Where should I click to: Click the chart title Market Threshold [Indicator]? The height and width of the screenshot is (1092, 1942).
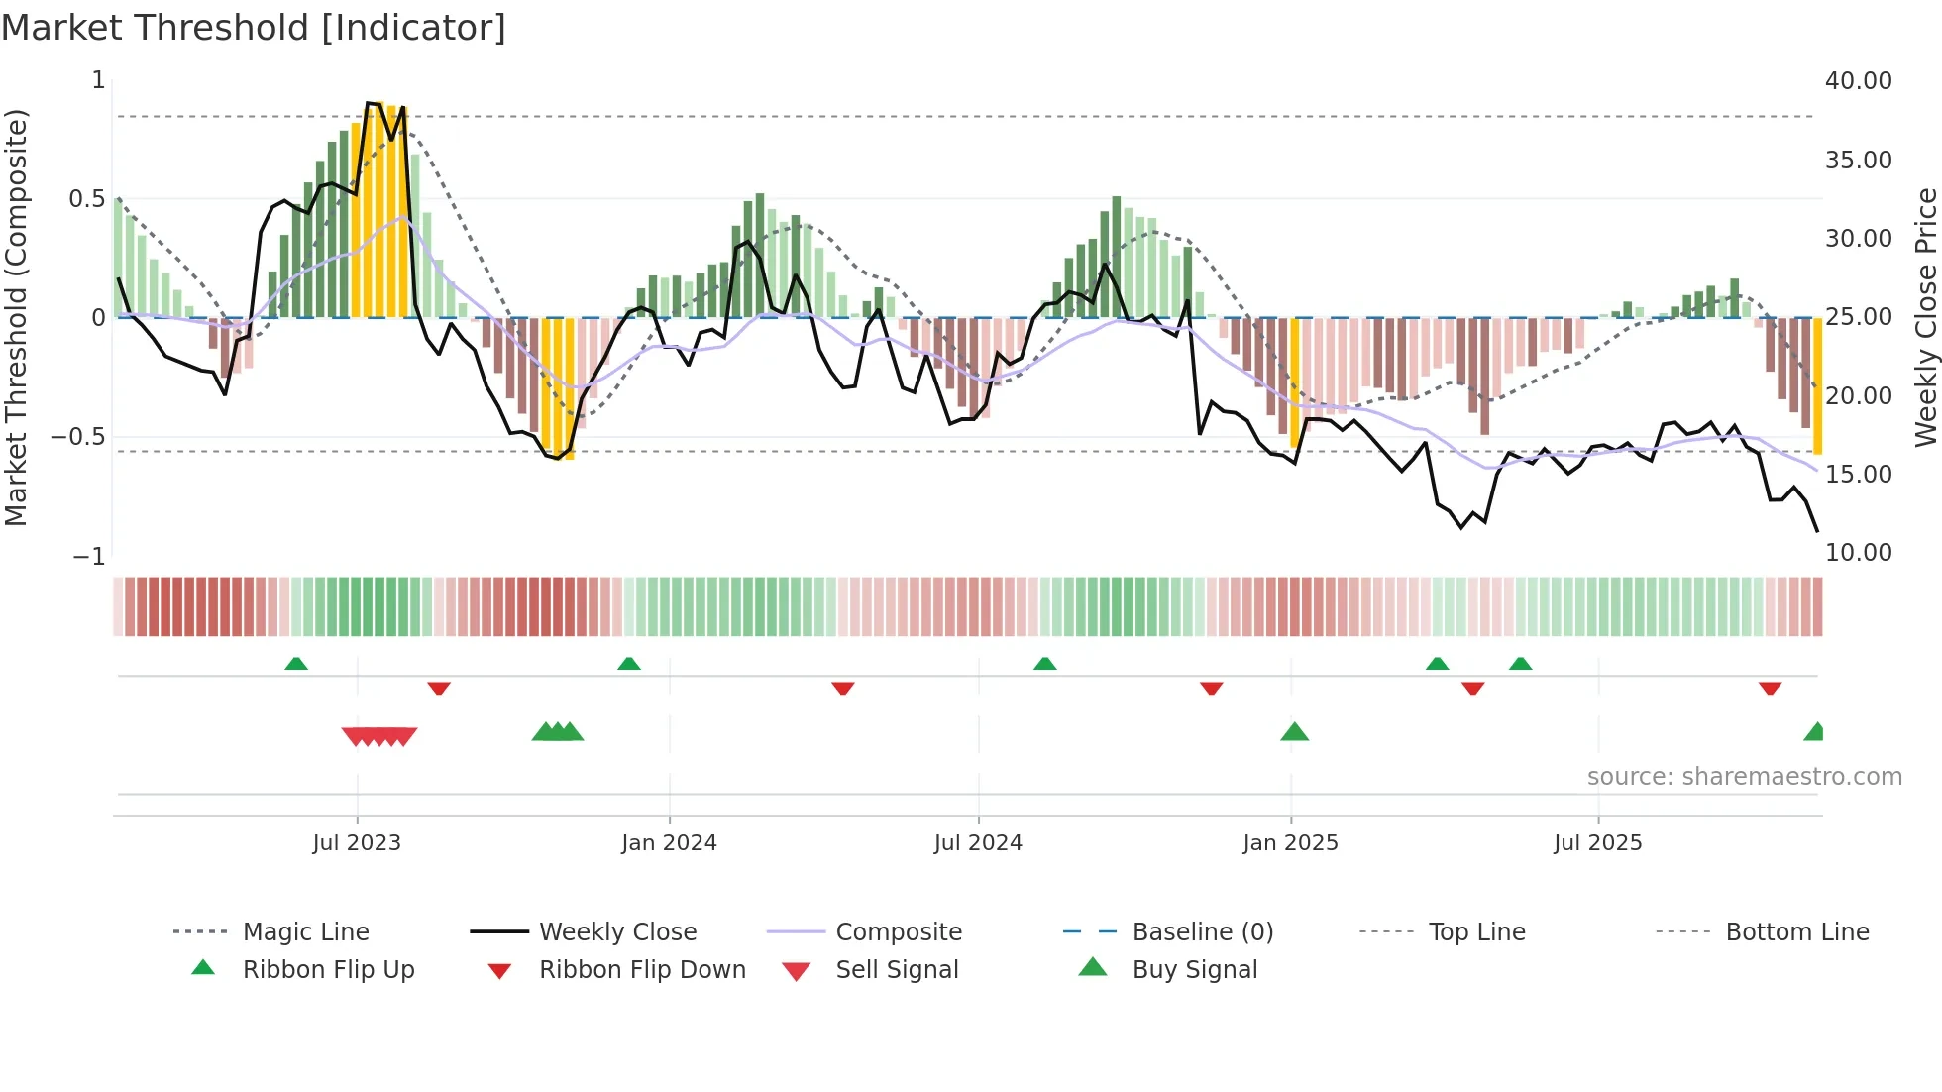click(x=254, y=28)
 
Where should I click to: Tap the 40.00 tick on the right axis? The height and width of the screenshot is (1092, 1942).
click(x=1858, y=81)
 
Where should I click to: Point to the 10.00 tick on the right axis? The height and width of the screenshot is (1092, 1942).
click(x=1858, y=553)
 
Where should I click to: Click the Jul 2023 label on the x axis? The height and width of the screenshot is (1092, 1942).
click(x=357, y=843)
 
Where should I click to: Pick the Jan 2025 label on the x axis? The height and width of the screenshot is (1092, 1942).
click(x=1290, y=843)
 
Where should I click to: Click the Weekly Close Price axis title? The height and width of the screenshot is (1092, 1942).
click(x=1925, y=317)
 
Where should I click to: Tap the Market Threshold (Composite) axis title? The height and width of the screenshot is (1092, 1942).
click(x=16, y=317)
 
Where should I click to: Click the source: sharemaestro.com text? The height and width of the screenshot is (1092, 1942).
click(x=1744, y=777)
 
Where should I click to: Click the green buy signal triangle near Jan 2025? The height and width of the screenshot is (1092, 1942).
click(x=1294, y=732)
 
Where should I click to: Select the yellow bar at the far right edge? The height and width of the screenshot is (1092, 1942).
click(x=1817, y=386)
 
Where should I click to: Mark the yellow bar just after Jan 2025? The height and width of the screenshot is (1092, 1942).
click(x=1294, y=382)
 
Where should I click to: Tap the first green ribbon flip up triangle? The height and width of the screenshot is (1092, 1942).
click(x=296, y=663)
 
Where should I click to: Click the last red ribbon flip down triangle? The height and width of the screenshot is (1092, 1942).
click(x=1770, y=688)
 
